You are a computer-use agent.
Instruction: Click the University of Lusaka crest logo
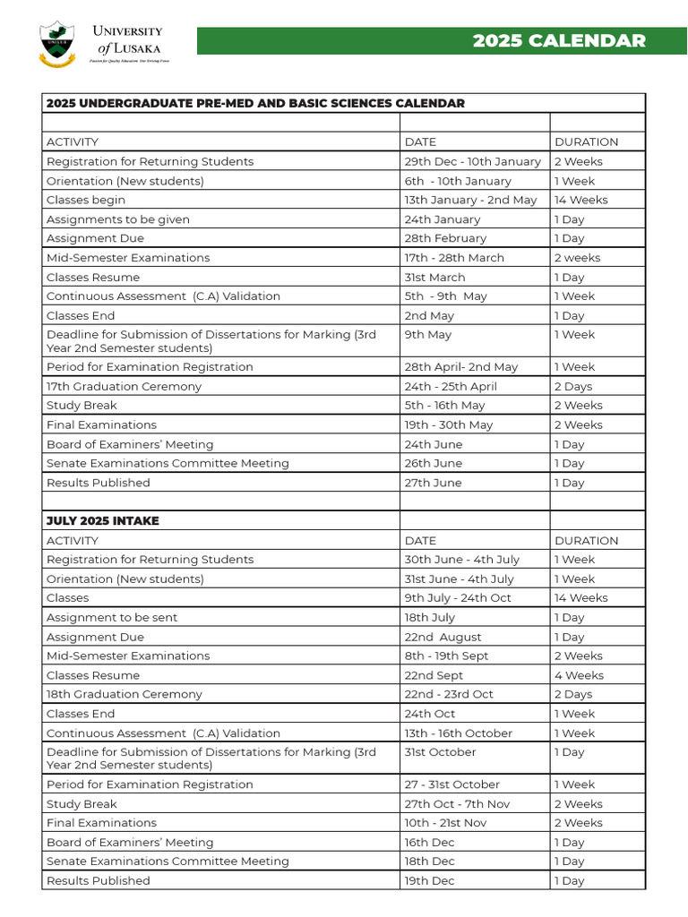(x=58, y=44)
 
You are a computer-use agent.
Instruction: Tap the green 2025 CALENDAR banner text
(x=559, y=41)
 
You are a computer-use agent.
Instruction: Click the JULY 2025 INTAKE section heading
(x=103, y=520)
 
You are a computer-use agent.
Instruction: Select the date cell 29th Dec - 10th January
(x=472, y=161)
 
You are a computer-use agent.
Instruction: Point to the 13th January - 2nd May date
(x=470, y=200)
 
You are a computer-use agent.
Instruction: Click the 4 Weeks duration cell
(x=579, y=675)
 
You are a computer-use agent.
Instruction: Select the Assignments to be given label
(x=118, y=219)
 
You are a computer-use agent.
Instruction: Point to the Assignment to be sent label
(x=112, y=617)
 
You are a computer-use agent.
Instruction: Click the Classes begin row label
(x=86, y=200)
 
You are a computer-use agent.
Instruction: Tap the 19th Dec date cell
(x=429, y=880)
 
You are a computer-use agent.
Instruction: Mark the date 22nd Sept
(x=434, y=675)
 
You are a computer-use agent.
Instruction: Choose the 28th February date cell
(x=445, y=238)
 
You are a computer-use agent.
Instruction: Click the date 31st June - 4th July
(x=459, y=578)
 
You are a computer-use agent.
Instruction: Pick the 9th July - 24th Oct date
(x=458, y=597)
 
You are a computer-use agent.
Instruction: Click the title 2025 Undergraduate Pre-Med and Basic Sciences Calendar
(x=255, y=103)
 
